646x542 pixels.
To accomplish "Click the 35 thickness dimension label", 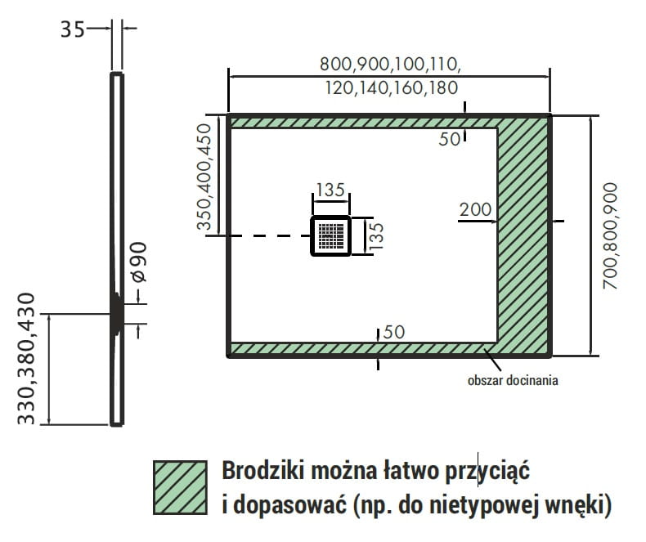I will click(72, 30).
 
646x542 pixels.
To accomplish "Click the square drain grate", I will click(331, 236).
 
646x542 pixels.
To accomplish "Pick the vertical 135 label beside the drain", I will click(376, 235).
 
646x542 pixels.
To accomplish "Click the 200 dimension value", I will click(475, 210).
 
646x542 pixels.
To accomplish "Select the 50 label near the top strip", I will click(449, 139).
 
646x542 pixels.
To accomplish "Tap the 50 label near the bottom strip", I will click(393, 332).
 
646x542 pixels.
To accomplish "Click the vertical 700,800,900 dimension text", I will click(611, 235).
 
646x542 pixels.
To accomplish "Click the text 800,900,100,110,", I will click(390, 64).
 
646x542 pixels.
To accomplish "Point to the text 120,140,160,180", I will click(390, 87).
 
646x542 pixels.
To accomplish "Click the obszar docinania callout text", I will click(514, 380).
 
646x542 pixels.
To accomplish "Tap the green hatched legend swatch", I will click(180, 487).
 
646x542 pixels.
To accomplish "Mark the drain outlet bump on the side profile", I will click(119, 313).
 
